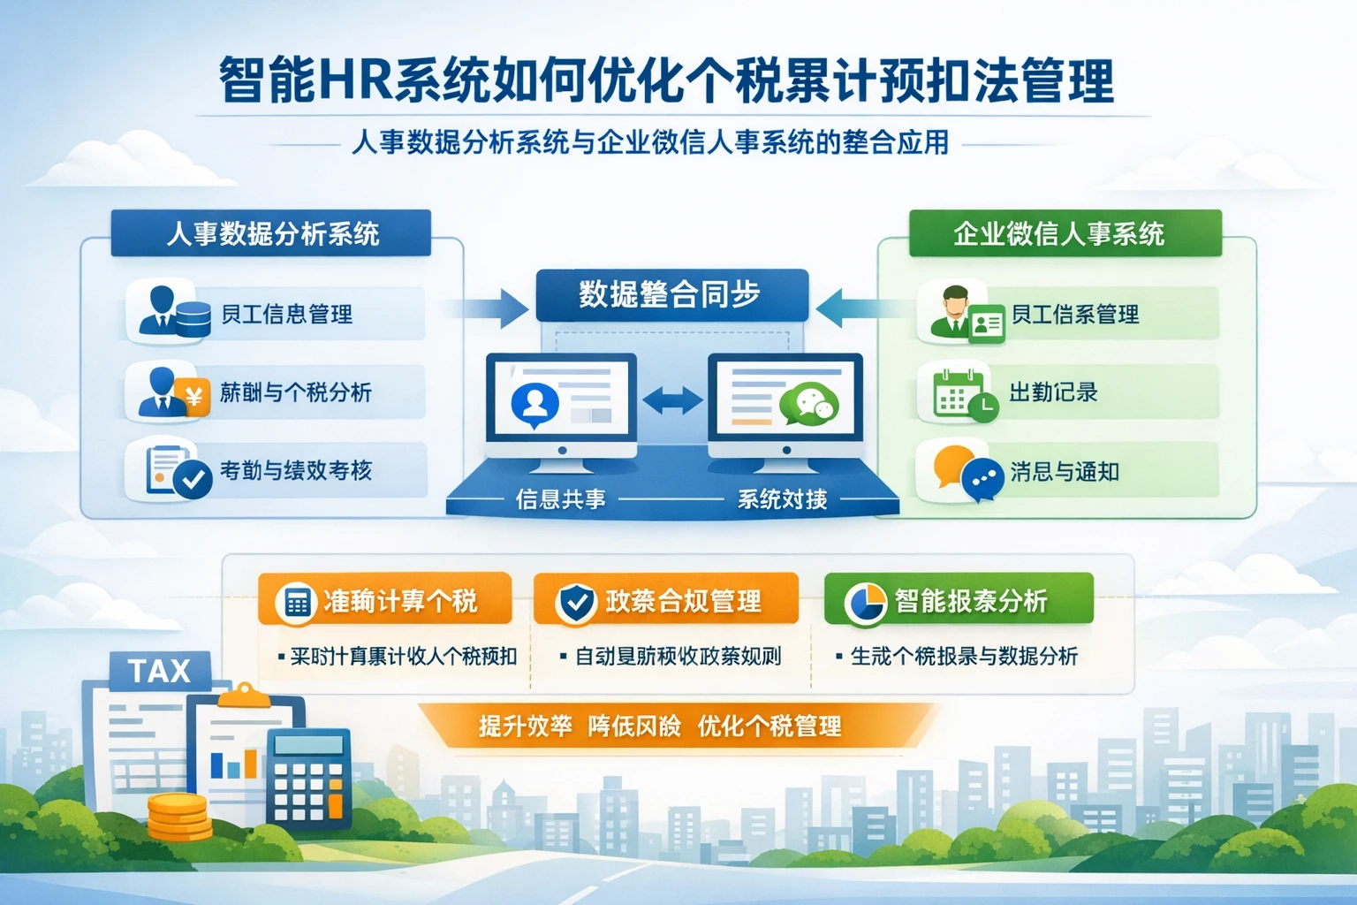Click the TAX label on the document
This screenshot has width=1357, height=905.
click(x=159, y=671)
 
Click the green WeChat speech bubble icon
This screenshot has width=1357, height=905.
click(x=808, y=405)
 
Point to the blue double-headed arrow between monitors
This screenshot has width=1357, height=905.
click(x=672, y=401)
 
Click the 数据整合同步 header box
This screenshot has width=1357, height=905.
click(x=671, y=294)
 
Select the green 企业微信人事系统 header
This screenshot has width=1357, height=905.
click(x=1065, y=233)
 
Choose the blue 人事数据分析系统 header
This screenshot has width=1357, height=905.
click(x=271, y=233)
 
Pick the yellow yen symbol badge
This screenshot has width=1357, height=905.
click(x=193, y=397)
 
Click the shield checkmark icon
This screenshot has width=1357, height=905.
click(x=576, y=603)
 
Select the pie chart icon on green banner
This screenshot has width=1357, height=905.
click(x=864, y=603)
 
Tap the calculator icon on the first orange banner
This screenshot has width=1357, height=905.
click(x=297, y=603)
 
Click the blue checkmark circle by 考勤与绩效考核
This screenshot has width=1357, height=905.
click(x=192, y=481)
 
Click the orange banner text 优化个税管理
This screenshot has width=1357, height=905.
click(x=769, y=726)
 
